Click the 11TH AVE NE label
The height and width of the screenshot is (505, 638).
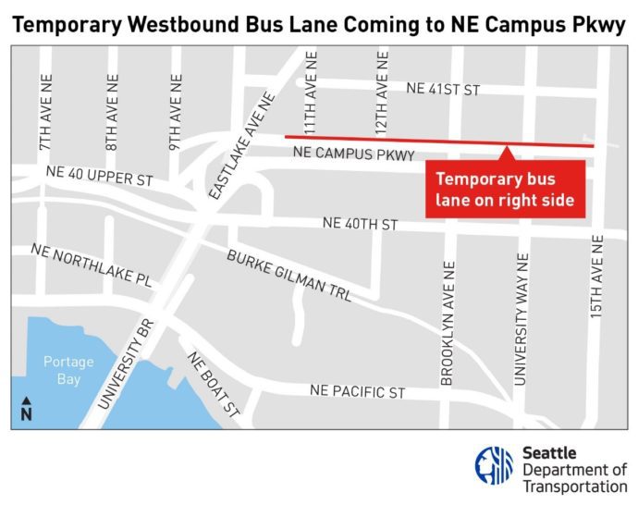[311, 108]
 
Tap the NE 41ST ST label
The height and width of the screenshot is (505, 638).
[444, 89]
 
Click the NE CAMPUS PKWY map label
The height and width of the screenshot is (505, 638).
[352, 154]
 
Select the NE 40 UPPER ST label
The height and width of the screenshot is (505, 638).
[100, 176]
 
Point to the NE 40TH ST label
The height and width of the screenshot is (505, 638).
[360, 224]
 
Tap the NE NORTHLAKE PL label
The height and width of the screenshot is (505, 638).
[90, 265]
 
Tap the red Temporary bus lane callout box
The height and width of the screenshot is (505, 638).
[505, 190]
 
